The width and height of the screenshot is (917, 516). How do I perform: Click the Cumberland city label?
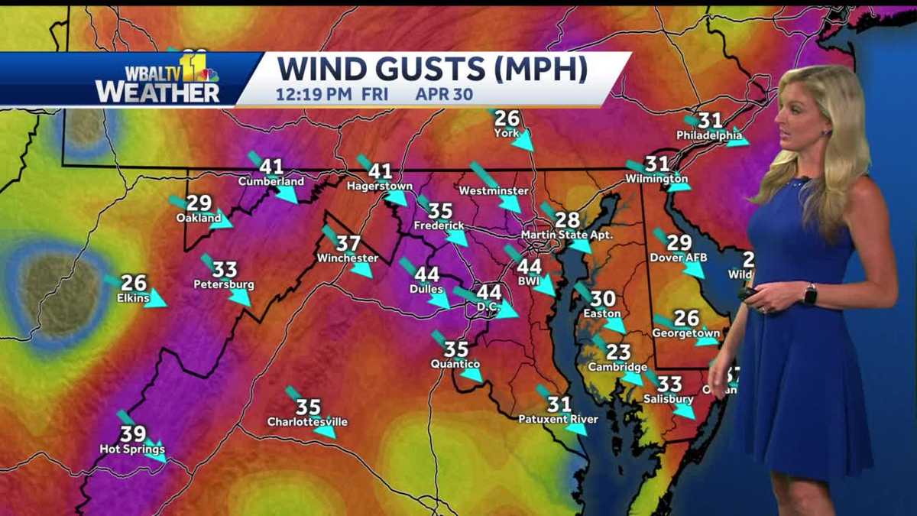tap(271, 182)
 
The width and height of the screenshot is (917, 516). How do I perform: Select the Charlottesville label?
tap(307, 422)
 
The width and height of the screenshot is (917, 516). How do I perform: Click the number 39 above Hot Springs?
tap(133, 434)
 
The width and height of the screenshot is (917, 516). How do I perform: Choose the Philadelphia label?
tap(708, 135)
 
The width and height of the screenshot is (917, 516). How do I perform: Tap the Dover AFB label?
tap(679, 258)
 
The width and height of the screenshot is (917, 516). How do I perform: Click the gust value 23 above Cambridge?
tap(618, 352)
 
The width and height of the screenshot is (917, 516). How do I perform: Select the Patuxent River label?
tap(558, 419)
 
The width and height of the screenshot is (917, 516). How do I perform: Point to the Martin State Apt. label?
tap(567, 235)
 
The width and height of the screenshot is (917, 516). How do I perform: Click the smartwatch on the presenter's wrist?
tap(810, 294)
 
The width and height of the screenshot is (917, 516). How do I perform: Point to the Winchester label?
tap(348, 258)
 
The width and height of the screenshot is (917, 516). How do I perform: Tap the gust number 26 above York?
tap(507, 118)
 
